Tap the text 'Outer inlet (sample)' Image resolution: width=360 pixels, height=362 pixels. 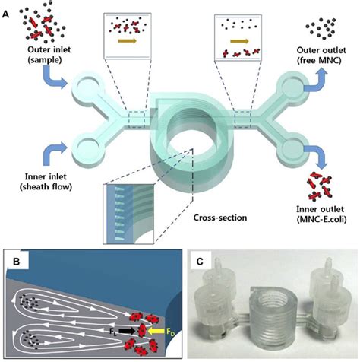click(30, 58)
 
